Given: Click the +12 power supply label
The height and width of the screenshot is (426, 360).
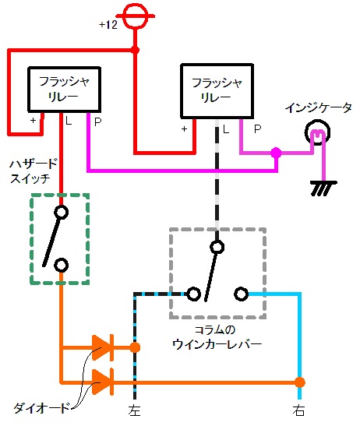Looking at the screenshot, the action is [108, 25].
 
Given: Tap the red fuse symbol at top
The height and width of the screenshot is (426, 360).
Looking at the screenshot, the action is [135, 16].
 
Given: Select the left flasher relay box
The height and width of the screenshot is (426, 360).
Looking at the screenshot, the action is [65, 90].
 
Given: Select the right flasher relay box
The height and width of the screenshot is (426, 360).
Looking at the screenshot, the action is [217, 91].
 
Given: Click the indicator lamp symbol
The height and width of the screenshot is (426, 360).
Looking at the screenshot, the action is [317, 133].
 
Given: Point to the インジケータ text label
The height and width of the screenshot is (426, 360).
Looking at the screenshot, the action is [319, 108].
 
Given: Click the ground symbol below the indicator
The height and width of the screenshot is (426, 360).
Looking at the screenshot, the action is [323, 188].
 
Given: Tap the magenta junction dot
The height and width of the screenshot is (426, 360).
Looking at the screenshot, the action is [276, 153].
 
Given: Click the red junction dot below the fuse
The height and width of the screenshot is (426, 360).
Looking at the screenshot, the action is [135, 50].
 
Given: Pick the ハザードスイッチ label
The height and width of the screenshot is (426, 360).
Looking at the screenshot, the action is [34, 171].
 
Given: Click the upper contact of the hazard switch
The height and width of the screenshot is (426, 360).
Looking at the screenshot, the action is [62, 212].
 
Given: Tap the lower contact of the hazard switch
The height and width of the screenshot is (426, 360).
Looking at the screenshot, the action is [62, 265].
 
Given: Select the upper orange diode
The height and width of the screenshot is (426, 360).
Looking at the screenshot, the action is [103, 348].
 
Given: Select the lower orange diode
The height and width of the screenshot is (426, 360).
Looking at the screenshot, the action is [103, 382].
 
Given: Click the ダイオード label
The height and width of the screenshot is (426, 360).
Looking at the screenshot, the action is [41, 408].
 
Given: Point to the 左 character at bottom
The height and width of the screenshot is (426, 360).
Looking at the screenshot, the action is [135, 410].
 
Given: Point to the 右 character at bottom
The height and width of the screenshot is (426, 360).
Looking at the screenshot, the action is [298, 410].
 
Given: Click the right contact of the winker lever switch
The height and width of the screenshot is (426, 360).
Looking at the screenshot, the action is [242, 294].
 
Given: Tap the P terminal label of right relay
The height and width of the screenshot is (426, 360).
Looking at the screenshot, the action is [257, 129].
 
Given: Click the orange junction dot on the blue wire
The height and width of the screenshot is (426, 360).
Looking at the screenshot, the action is [300, 382].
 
